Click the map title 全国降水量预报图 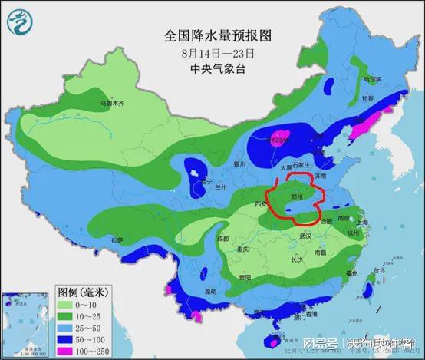pos(217,36)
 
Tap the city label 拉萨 pos(117,239)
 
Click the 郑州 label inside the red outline pos(296,197)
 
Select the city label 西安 pos(260,204)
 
